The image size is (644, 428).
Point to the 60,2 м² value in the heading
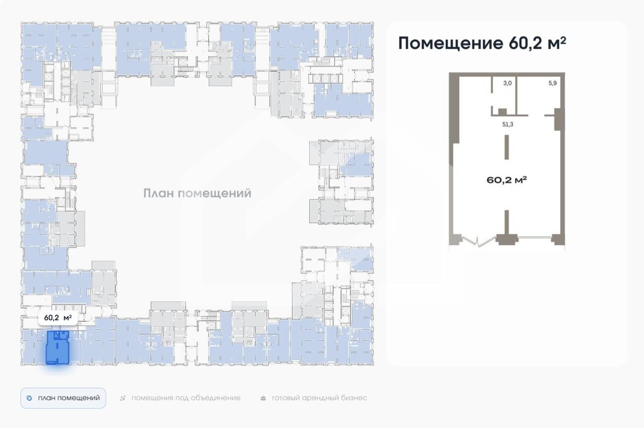pos(537,43)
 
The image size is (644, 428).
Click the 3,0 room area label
pos(507,83)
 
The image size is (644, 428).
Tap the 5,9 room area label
pos(552,83)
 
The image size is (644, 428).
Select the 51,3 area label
pos(507,124)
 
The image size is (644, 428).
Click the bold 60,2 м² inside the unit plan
pos(506,180)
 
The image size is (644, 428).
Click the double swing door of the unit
pos(477,241)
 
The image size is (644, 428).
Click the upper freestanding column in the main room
pos(506,147)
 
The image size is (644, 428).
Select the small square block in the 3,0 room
pos(502,112)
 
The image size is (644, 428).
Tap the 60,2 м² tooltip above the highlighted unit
pos(58,317)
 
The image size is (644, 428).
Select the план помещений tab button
pos(63,398)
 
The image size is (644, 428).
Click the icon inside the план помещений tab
pos(29,398)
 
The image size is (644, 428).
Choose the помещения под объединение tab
pos(185,398)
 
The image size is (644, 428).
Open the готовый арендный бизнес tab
pos(319,398)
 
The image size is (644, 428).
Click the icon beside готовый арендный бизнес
pos(263,398)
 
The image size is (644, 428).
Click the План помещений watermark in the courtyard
pos(197,193)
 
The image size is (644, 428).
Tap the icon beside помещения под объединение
pos(123,398)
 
